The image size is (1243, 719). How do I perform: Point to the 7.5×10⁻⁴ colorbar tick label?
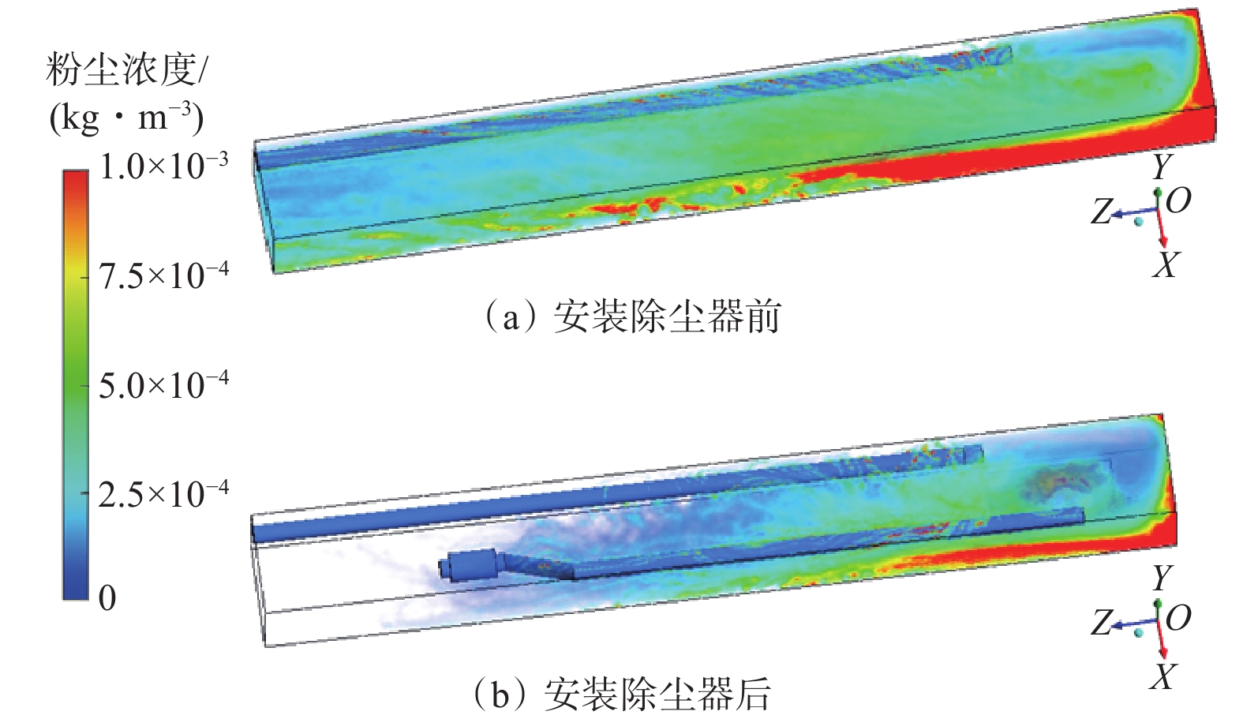163,275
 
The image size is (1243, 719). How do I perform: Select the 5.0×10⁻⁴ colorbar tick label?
163,384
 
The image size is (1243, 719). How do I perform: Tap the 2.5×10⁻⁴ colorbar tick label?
163,494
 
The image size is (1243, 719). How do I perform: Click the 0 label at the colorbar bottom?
107,597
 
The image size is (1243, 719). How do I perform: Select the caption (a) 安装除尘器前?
634,317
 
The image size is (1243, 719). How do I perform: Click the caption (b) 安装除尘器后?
623,694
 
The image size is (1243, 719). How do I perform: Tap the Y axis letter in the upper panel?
1161,167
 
